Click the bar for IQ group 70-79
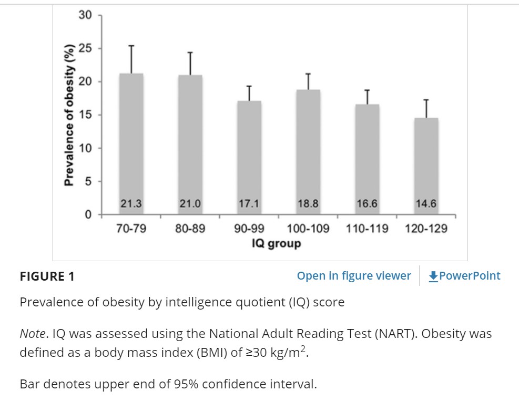131,142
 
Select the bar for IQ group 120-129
426,163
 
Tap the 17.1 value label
249,204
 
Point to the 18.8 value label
308,204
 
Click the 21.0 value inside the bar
190,204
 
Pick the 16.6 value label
367,204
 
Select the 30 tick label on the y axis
85,15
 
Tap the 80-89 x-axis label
190,229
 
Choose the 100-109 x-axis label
308,229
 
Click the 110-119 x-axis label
367,229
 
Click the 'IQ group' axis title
277,243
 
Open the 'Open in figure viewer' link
354,276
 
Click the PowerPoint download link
465,276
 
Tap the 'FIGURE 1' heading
47,276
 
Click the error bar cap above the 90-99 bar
249,86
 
